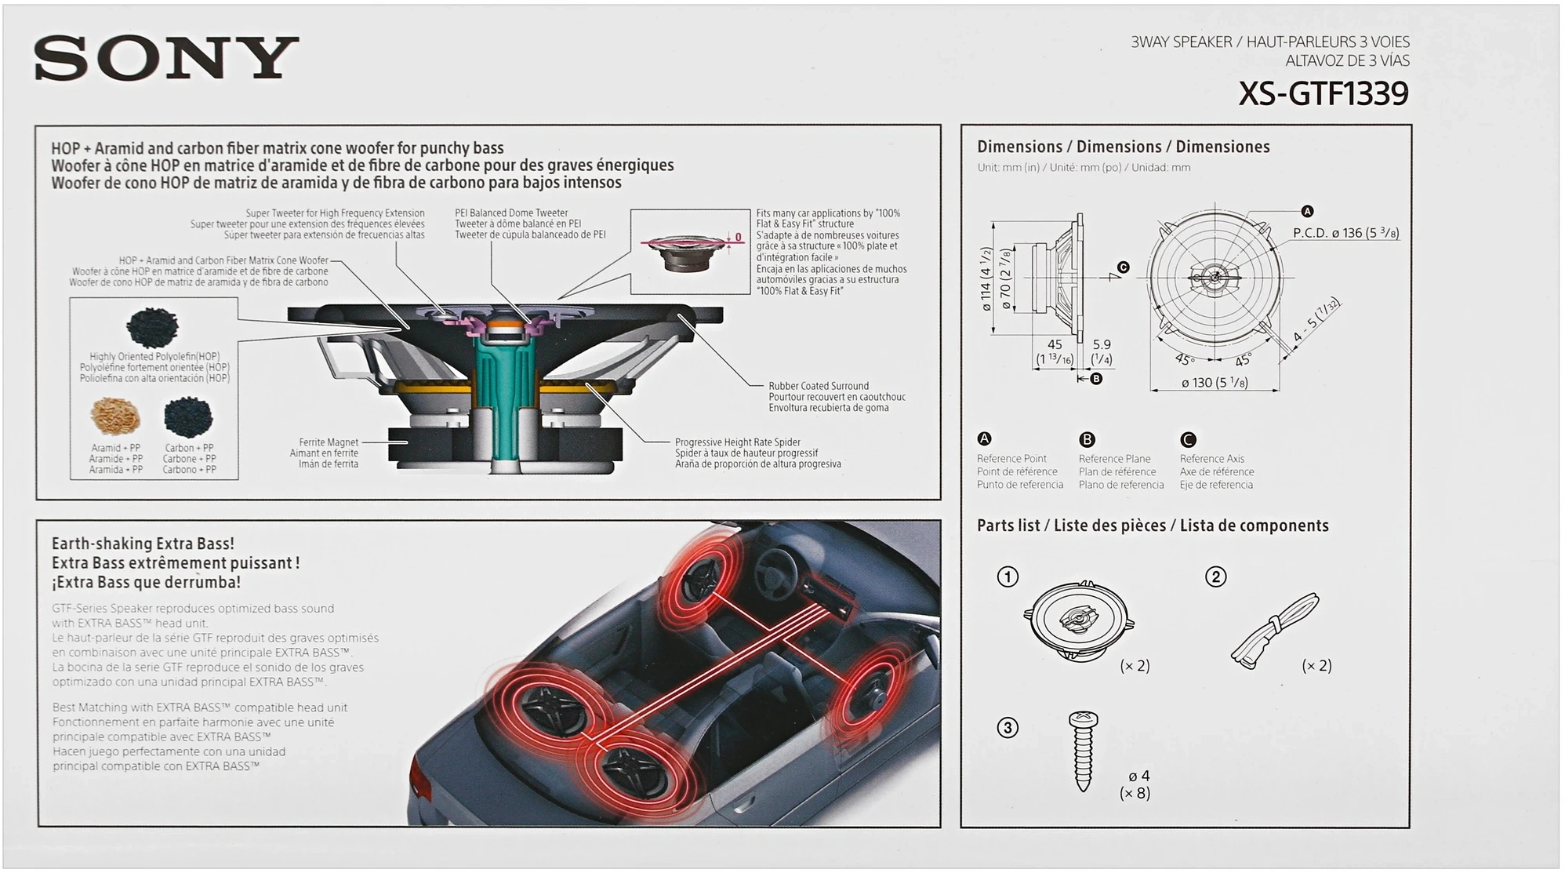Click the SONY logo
[166, 58]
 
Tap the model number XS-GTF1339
[1323, 94]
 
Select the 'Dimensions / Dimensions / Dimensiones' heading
[1123, 147]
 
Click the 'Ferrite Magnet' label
[329, 442]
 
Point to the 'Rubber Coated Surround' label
[819, 386]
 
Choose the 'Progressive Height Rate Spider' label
[737, 442]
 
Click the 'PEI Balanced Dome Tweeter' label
[511, 213]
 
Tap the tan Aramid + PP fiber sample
[115, 416]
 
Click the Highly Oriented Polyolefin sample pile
[152, 327]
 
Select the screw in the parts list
[1084, 750]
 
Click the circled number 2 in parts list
[1215, 577]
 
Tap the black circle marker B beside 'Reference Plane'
[1087, 439]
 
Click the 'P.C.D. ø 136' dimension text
[1345, 233]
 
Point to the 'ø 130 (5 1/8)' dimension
[1215, 383]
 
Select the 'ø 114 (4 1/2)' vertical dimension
[987, 279]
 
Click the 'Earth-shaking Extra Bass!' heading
[143, 544]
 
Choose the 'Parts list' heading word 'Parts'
[996, 526]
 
